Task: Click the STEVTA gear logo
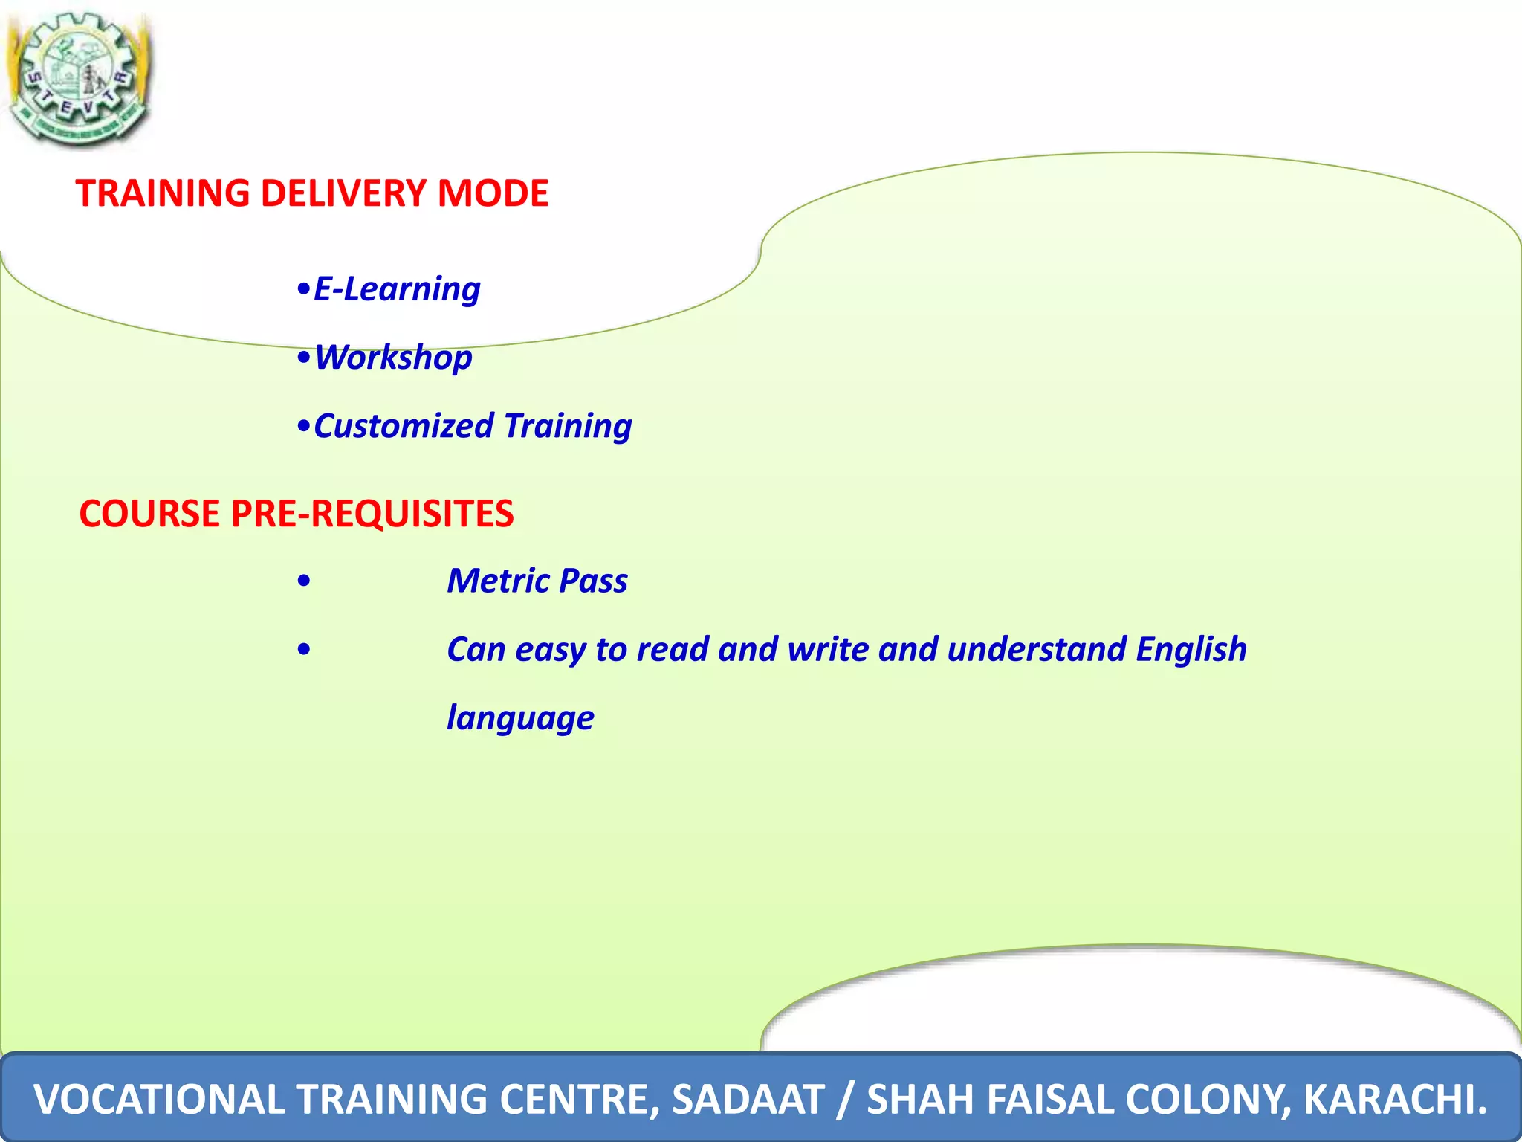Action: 78,78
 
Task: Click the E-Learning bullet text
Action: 397,289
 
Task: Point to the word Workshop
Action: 393,358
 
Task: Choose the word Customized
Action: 404,427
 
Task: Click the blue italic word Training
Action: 568,427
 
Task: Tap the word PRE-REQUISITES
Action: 372,514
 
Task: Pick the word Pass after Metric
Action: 593,581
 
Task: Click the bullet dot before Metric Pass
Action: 303,581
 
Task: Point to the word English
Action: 1191,649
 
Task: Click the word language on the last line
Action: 520,718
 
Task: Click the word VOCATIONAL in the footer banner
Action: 159,1099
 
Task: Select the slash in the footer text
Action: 843,1099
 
